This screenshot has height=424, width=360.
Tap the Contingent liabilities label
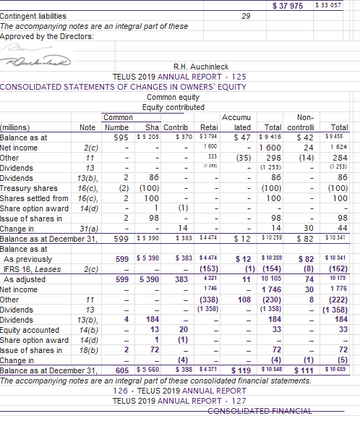[33, 15]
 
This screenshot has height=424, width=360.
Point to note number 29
[245, 15]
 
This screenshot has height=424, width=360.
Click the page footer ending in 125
[179, 76]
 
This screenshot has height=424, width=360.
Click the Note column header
[86, 127]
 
